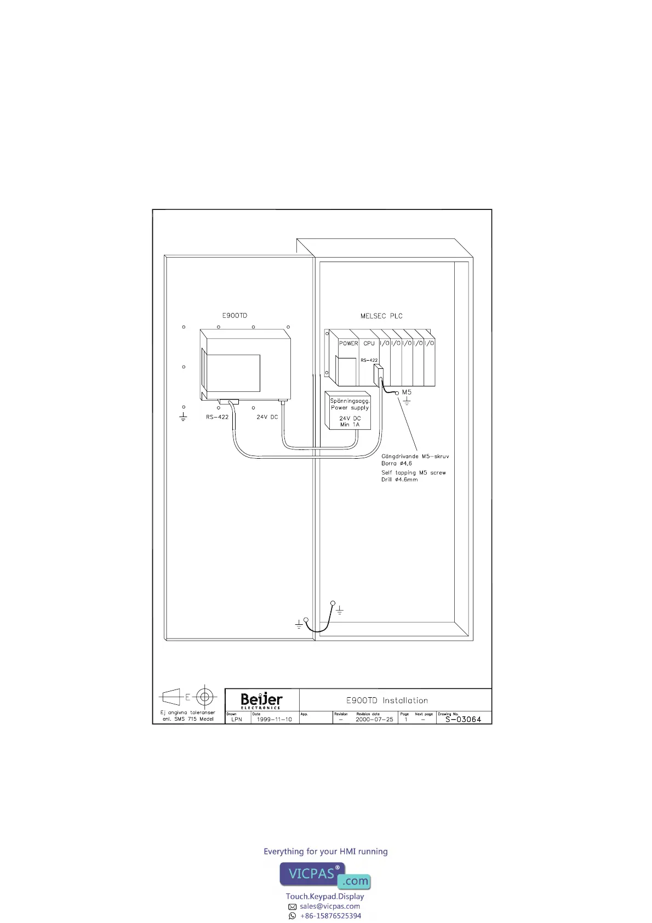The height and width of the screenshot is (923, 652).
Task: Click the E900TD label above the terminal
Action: coord(235,316)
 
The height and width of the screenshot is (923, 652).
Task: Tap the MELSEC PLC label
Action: coord(381,316)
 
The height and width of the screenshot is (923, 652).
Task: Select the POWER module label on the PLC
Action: coord(348,344)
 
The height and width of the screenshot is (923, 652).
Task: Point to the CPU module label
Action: coord(369,344)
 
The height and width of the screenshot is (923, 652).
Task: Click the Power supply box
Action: coord(349,412)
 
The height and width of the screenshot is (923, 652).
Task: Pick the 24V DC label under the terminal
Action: coord(267,417)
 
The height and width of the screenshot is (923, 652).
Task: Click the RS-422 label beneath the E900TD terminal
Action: coord(217,417)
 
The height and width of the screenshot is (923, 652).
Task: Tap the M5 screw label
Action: coord(407,392)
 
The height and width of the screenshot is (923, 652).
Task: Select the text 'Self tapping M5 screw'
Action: coord(414,472)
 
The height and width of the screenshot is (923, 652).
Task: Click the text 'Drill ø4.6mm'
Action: coord(399,480)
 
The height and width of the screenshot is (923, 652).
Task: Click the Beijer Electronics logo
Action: coord(262,700)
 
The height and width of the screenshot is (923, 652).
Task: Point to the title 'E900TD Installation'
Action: coord(387,700)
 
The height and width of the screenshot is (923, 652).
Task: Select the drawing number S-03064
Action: coord(463,720)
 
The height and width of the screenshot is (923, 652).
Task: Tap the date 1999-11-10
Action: coord(274,720)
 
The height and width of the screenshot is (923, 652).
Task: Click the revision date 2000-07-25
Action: coord(374,720)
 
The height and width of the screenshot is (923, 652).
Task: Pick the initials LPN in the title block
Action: coord(237,720)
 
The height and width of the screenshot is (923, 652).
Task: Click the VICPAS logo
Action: coord(325,875)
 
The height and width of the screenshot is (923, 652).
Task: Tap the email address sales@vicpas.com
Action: coord(330,906)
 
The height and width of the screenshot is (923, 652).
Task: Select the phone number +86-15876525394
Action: coord(330,916)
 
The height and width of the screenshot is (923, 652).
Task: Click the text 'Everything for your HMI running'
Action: coord(325,851)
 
